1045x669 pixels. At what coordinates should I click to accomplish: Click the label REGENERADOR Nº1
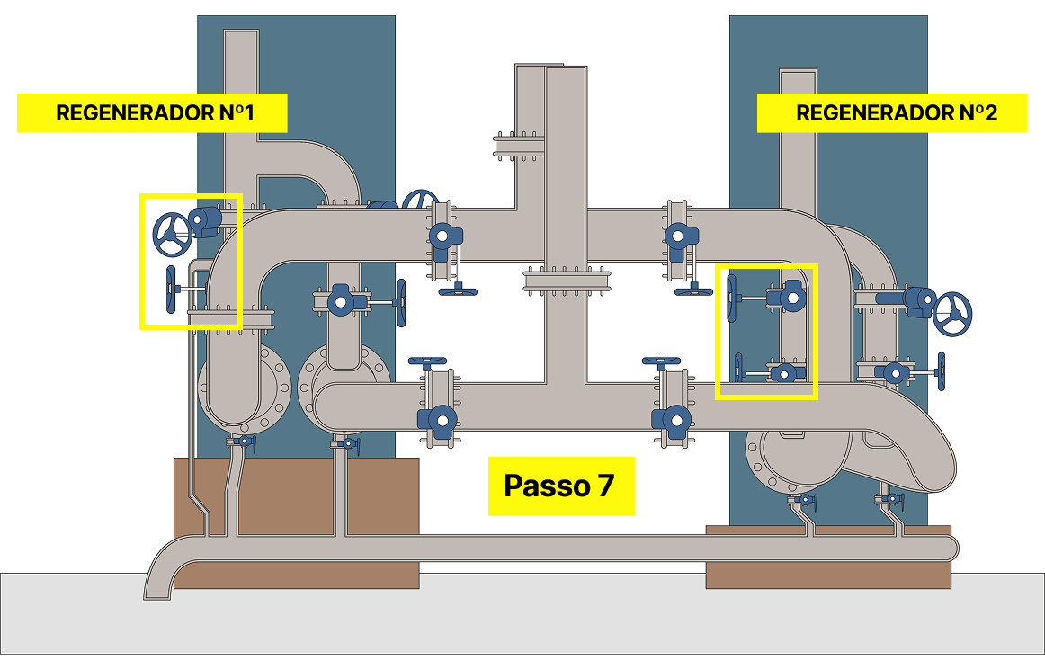tap(152, 113)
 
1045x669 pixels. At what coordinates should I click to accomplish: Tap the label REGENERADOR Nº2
tap(892, 113)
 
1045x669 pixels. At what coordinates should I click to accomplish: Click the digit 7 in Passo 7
tap(604, 486)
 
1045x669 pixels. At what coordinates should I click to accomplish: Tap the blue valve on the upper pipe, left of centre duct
tap(442, 236)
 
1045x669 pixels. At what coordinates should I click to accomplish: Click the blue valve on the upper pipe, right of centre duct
tap(677, 236)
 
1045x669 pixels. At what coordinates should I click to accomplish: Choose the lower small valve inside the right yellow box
tap(785, 372)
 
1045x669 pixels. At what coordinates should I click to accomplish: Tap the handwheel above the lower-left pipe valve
tap(427, 362)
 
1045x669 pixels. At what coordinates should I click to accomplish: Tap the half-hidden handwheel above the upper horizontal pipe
tap(420, 199)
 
